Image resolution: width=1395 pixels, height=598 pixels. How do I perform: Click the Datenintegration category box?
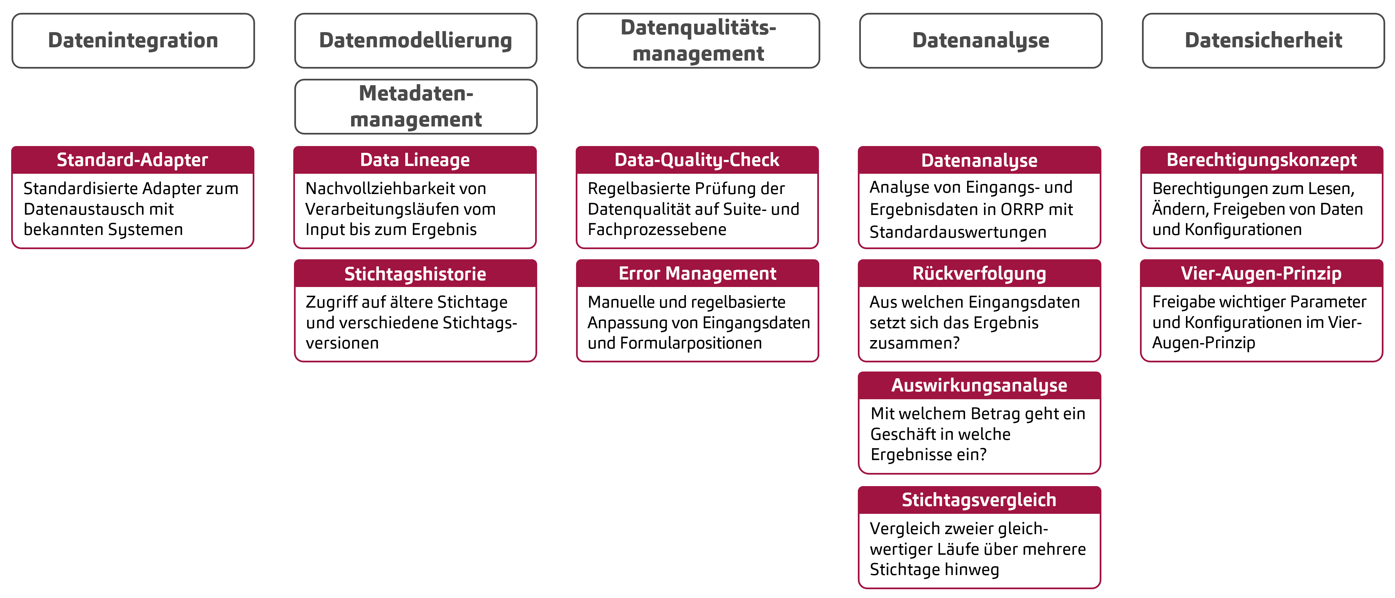[x=133, y=41]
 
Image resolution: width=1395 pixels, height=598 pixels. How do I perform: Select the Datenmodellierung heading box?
[x=415, y=41]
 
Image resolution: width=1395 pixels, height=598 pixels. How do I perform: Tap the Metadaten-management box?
[x=415, y=106]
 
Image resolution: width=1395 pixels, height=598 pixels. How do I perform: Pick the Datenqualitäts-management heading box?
[x=698, y=41]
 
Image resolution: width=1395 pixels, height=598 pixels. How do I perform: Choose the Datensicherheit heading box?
[x=1263, y=41]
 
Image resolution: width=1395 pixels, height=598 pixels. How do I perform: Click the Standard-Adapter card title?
[x=133, y=160]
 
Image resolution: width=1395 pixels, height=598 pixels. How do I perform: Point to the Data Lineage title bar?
[x=415, y=160]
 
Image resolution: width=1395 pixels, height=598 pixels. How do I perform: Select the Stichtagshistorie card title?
[x=415, y=274]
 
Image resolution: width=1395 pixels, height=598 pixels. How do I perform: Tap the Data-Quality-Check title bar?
[x=697, y=160]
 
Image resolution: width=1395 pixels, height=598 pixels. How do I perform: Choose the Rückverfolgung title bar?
[x=979, y=274]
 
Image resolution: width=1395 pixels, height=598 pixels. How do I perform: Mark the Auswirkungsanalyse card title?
[x=979, y=385]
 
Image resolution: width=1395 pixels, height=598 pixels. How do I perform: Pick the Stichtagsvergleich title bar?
[x=979, y=500]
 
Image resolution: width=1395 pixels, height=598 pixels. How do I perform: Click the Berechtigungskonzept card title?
[x=1261, y=160]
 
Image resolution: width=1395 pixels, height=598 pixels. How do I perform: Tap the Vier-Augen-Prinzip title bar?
[x=1261, y=274]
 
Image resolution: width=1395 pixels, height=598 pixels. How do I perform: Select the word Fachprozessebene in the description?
[x=657, y=230]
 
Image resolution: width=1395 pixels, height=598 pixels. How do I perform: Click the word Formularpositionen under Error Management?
[x=691, y=343]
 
